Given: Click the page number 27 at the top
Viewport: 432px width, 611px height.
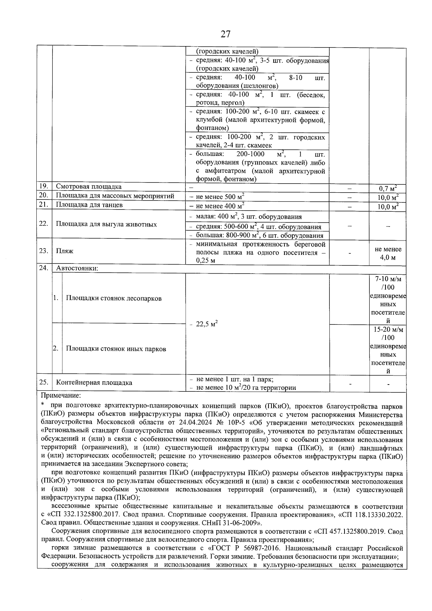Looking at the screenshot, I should point(225,34).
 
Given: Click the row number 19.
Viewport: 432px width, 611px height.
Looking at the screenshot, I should point(44,187).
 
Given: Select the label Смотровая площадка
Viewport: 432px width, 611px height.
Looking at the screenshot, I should point(89,187).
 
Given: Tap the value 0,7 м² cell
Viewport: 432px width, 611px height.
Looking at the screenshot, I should point(388,188).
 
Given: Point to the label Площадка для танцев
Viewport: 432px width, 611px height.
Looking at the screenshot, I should point(89,205).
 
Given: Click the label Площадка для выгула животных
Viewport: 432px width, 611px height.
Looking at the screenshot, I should point(106,224).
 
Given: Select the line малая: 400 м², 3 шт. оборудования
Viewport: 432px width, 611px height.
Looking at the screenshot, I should point(249,217).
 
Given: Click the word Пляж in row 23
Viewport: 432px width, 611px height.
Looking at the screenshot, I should point(65,251).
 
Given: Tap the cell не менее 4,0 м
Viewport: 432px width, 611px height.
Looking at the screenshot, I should point(388,253).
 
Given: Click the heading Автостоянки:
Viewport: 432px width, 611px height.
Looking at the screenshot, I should point(77,269).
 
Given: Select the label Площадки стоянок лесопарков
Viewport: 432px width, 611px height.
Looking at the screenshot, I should point(114,298).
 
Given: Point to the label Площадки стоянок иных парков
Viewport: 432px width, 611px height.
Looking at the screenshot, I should point(116,349).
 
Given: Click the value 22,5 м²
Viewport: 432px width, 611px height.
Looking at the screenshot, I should point(207,324).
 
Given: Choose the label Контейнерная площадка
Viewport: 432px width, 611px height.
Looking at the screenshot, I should point(94,383).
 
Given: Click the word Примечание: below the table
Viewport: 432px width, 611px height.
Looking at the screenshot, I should point(61,396).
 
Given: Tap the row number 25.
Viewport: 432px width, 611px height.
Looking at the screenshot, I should point(44,382).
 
